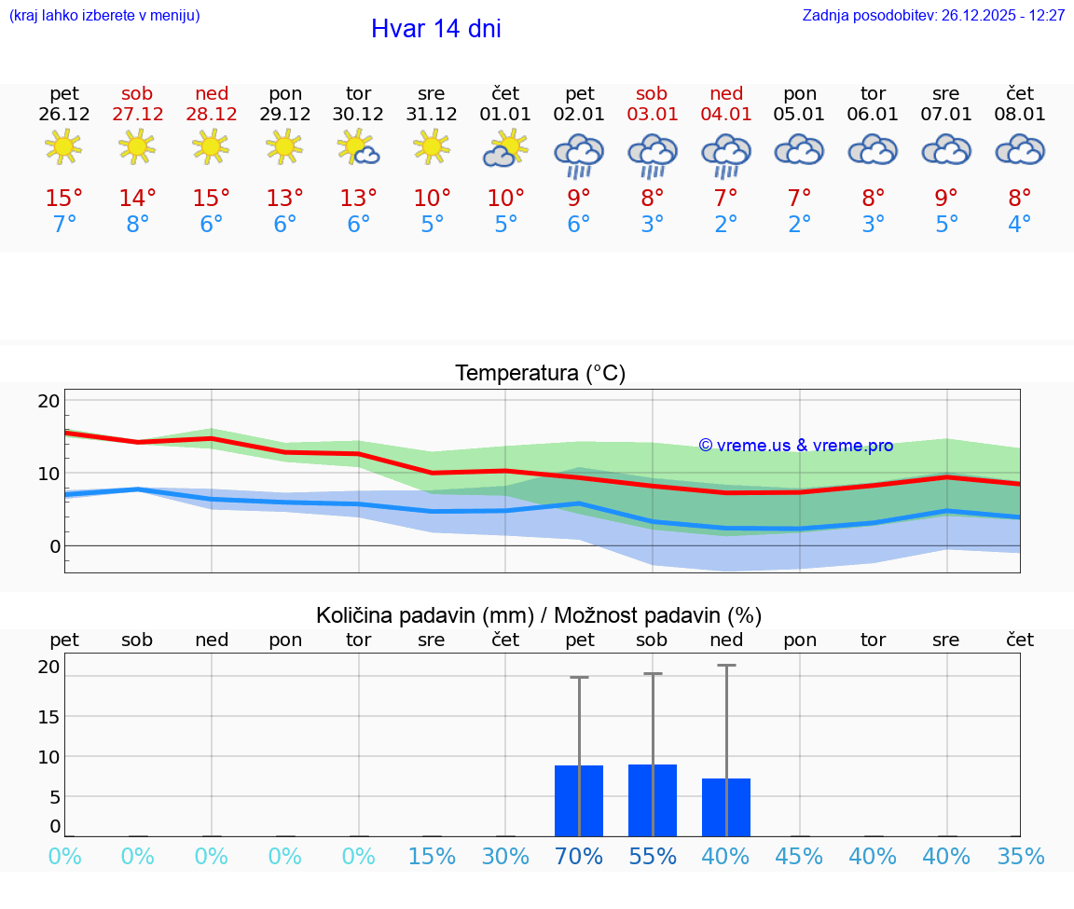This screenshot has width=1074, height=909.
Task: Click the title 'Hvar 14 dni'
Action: pos(435,29)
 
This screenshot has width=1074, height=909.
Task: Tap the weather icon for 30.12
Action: pos(359,148)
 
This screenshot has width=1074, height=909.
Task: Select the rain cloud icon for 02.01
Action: pos(579,154)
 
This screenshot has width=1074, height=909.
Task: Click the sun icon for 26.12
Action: pos(63,147)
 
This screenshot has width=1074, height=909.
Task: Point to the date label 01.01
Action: pos(505,115)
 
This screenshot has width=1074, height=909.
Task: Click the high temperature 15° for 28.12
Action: pos(212,199)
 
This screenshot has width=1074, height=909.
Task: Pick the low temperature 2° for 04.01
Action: pos(726,225)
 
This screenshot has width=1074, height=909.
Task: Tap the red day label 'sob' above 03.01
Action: pos(652,93)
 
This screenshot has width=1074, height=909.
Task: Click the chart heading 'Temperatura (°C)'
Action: pos(540,374)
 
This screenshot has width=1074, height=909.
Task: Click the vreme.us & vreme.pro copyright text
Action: pos(796,446)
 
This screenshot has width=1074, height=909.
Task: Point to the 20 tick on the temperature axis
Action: pos(48,401)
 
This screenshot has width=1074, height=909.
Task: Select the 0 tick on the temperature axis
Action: pos(54,545)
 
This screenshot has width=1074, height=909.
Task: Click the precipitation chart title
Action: pos(539,615)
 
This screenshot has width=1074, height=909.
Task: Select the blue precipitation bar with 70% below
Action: pos(579,801)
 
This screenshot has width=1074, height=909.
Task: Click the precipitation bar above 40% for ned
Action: pos(726,807)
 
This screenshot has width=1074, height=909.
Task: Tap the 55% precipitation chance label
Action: pos(653,857)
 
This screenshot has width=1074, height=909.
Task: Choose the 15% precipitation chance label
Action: pos(432,857)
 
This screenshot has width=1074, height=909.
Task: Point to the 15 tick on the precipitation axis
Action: pos(48,716)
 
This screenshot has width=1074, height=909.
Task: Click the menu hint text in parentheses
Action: pos(104,16)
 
